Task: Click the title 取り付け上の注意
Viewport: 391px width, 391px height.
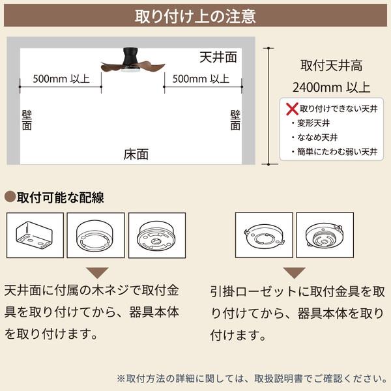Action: tap(195, 16)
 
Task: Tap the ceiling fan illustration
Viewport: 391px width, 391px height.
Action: tap(133, 61)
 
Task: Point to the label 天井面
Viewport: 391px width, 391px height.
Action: tap(218, 57)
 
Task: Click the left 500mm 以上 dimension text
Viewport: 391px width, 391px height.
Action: tap(61, 79)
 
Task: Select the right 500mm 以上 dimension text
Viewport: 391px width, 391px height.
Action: tap(201, 79)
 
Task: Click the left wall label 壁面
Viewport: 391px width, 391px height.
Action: tap(27, 121)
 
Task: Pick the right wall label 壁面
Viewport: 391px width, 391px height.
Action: tap(235, 121)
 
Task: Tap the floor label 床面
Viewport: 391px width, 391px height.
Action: tap(136, 154)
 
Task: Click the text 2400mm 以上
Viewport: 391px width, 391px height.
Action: tap(331, 87)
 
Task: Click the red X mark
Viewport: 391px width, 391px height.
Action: tap(292, 109)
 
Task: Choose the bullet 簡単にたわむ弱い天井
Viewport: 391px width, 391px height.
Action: tap(335, 152)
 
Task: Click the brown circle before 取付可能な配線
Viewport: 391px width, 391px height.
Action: tap(10, 197)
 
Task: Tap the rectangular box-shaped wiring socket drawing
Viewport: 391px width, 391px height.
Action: tap(35, 235)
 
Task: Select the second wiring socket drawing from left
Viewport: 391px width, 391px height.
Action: tap(96, 235)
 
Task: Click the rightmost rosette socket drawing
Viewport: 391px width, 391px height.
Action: tap(325, 235)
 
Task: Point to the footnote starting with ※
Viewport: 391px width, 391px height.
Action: tap(252, 379)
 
